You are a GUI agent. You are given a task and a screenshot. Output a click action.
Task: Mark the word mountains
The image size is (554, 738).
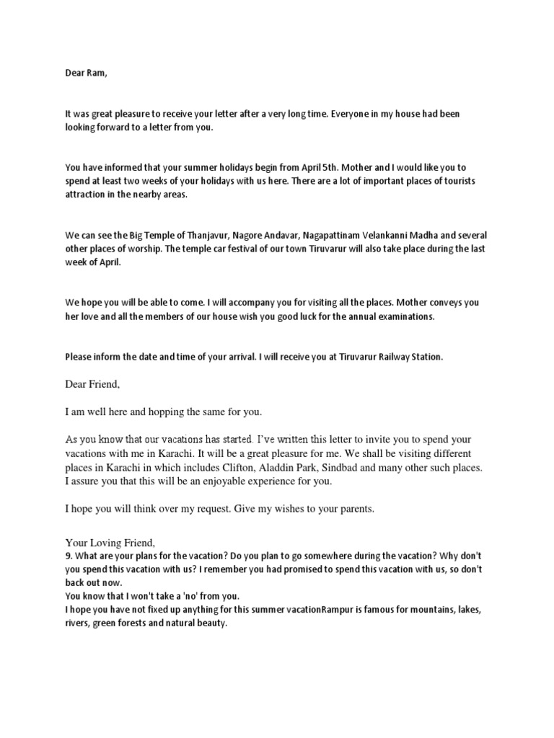(x=412, y=610)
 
